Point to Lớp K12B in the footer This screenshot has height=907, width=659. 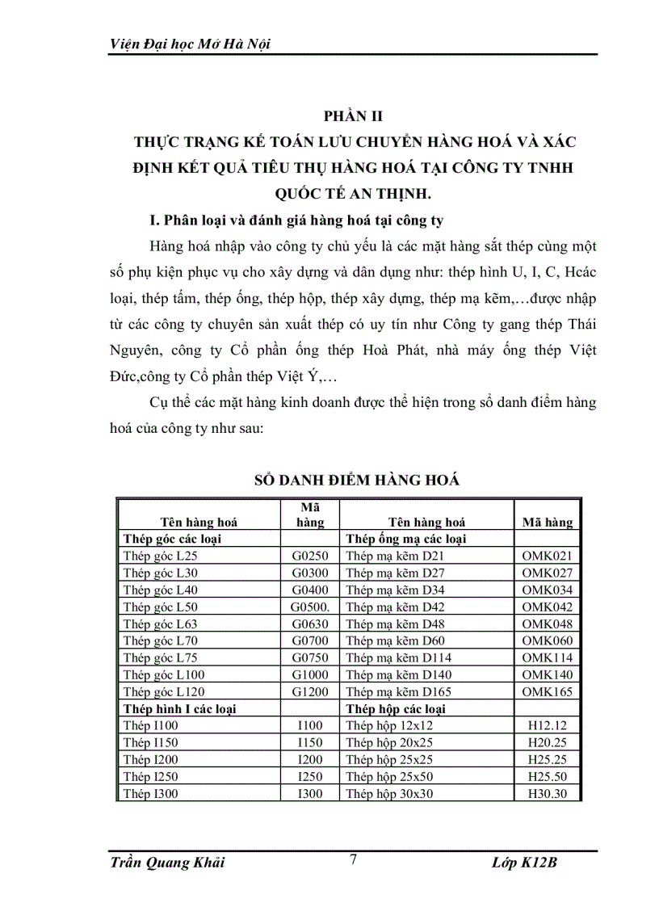524,863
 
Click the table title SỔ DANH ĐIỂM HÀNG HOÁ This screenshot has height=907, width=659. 356,480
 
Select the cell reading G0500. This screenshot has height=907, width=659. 310,607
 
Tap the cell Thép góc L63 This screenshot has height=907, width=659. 160,624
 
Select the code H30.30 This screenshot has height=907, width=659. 547,793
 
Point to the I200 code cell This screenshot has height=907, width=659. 310,759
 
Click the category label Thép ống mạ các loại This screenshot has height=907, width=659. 406,539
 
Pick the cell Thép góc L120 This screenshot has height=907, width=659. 163,691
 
